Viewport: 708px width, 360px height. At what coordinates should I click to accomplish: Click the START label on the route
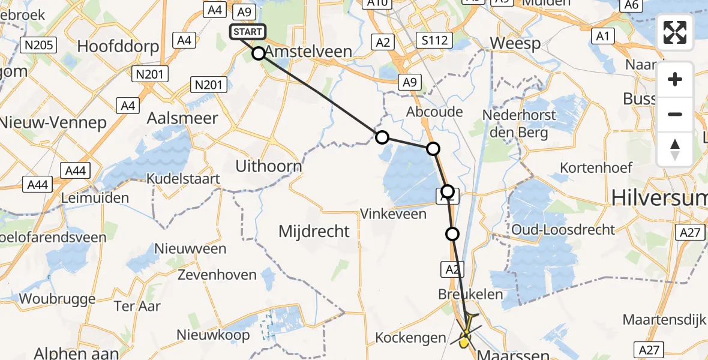247,32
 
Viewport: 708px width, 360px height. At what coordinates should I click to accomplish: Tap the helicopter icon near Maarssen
466,332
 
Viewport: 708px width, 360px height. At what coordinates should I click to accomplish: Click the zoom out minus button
675,114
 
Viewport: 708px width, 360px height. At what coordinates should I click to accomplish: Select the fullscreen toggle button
675,32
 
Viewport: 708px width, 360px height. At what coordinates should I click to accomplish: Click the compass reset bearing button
675,149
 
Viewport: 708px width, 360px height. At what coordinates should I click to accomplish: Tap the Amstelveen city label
308,52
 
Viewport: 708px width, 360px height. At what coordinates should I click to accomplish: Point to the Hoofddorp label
110,47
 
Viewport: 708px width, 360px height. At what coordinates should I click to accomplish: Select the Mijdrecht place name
314,230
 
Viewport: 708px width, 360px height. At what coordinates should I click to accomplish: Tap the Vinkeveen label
393,214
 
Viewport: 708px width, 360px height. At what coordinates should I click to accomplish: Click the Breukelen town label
461,295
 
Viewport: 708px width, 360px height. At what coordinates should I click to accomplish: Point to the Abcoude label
434,112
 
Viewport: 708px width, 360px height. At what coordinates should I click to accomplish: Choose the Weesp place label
515,43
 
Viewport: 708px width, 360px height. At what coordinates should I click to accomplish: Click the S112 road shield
434,41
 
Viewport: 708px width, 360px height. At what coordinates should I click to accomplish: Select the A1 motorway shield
603,37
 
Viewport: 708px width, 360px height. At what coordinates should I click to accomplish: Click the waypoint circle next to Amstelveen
259,53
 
